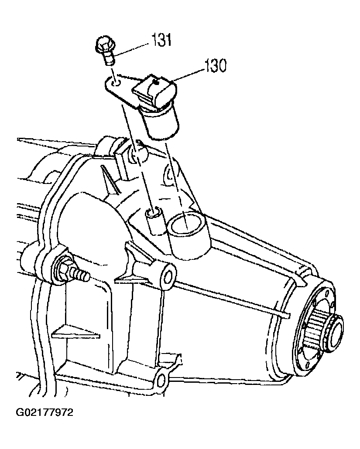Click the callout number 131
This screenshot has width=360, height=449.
[x=161, y=40]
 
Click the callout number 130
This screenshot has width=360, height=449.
[x=215, y=65]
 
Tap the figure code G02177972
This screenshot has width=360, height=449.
[x=45, y=413]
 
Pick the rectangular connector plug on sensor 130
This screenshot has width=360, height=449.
[x=154, y=91]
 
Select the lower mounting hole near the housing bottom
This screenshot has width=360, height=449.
[x=161, y=380]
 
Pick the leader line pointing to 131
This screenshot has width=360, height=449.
[x=131, y=49]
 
